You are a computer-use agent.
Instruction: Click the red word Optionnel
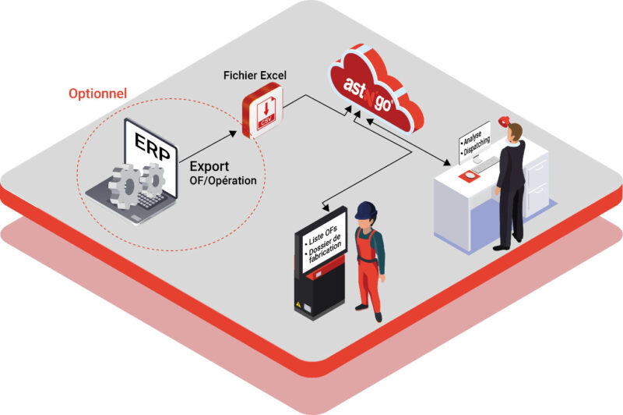click(x=98, y=94)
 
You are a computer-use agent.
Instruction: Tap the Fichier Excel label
click(x=255, y=75)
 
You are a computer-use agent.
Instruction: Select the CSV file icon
click(x=262, y=111)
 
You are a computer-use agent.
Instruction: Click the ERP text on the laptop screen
click(x=152, y=147)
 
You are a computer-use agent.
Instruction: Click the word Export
click(x=209, y=166)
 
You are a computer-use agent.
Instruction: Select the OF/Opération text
click(x=223, y=181)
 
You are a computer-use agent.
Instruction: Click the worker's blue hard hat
click(x=365, y=210)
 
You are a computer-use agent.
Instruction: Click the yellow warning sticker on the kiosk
click(x=298, y=304)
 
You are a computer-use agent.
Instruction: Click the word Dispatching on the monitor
click(x=477, y=146)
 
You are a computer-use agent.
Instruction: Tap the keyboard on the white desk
click(x=485, y=164)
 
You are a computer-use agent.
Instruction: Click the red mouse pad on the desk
click(x=470, y=175)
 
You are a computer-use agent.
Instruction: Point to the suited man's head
click(x=515, y=133)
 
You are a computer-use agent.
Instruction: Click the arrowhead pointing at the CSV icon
click(x=233, y=133)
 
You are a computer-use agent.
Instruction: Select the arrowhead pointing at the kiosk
click(x=326, y=207)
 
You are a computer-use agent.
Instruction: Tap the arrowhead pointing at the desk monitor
click(x=447, y=162)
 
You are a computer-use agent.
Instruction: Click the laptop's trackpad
click(x=136, y=218)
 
